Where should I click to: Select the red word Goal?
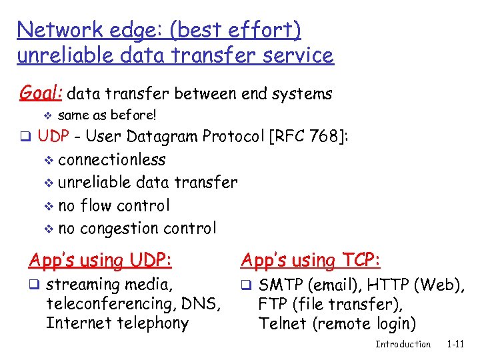point(41,93)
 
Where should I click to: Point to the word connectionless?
point(112,160)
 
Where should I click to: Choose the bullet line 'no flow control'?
point(114,205)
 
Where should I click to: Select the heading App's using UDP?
point(100,260)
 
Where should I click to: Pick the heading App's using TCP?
point(311,260)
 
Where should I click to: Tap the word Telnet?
point(280,324)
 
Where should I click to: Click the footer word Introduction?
point(403,344)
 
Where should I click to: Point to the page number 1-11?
point(455,344)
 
